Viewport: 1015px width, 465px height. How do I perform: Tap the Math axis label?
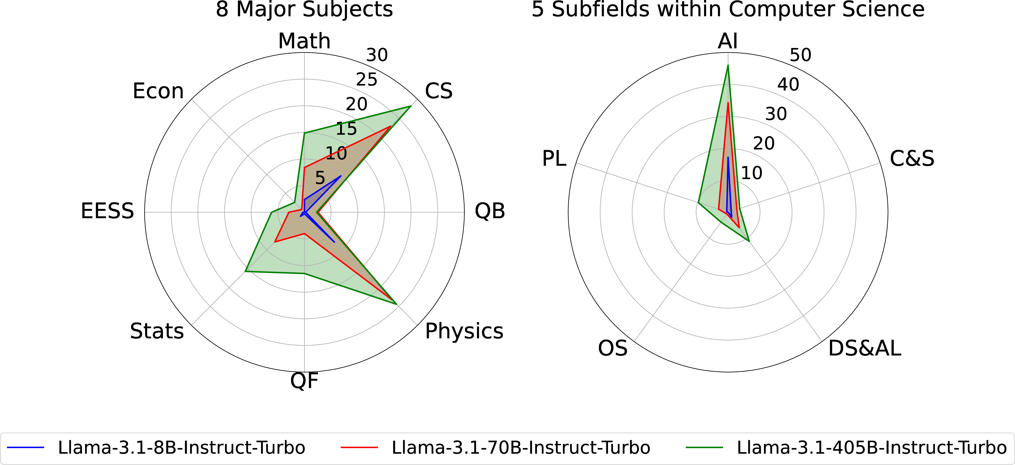coord(304,41)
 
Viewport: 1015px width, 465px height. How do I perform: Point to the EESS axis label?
coord(107,211)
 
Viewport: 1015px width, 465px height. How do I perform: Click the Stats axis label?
coord(157,331)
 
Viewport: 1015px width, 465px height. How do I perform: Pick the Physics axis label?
coord(464,331)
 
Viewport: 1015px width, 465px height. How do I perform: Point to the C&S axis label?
coord(912,159)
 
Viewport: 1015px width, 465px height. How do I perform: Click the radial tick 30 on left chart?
coord(377,55)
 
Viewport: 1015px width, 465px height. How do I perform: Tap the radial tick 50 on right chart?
coord(800,55)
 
